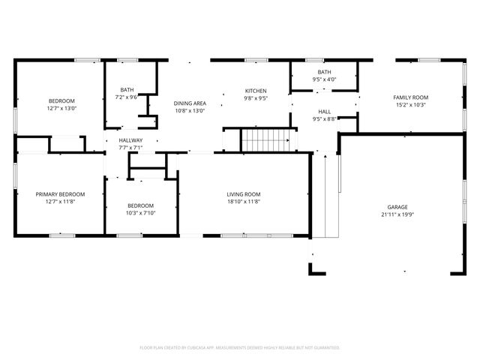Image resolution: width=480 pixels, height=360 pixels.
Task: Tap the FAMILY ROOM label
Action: [410, 97]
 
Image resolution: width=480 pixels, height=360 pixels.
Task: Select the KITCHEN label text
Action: [256, 91]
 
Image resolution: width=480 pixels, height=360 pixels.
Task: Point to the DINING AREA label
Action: [190, 103]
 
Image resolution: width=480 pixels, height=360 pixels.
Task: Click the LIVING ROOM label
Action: [243, 194]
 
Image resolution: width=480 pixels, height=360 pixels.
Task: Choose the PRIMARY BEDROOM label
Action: [60, 194]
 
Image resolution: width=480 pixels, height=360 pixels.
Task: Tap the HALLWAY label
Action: [130, 140]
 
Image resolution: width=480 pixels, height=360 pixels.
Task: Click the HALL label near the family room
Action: [324, 111]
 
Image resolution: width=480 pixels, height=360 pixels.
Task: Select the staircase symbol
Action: [264, 139]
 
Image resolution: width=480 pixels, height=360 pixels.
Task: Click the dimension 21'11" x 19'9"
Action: [397, 214]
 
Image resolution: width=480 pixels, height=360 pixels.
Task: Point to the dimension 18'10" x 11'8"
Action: [243, 202]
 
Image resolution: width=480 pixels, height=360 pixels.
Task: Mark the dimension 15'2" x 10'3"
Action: [410, 105]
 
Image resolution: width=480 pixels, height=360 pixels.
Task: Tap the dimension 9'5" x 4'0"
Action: [324, 79]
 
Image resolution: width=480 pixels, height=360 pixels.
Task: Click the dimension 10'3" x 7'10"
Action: [140, 213]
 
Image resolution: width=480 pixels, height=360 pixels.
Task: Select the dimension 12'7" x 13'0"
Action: [61, 108]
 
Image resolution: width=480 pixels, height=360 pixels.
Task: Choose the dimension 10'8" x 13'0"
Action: [190, 111]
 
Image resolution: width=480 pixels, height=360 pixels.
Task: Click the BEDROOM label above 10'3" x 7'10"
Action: [140, 205]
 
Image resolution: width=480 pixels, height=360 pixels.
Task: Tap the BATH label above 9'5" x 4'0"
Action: [324, 72]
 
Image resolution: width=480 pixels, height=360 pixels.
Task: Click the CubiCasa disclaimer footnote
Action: [240, 347]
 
